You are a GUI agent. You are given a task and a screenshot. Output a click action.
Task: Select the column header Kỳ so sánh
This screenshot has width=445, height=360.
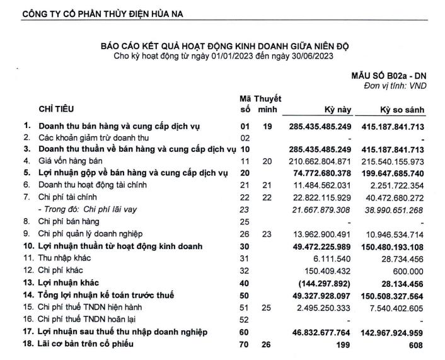coord(402,110)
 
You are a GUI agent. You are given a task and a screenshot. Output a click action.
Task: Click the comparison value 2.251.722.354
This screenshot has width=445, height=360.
coord(396,184)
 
